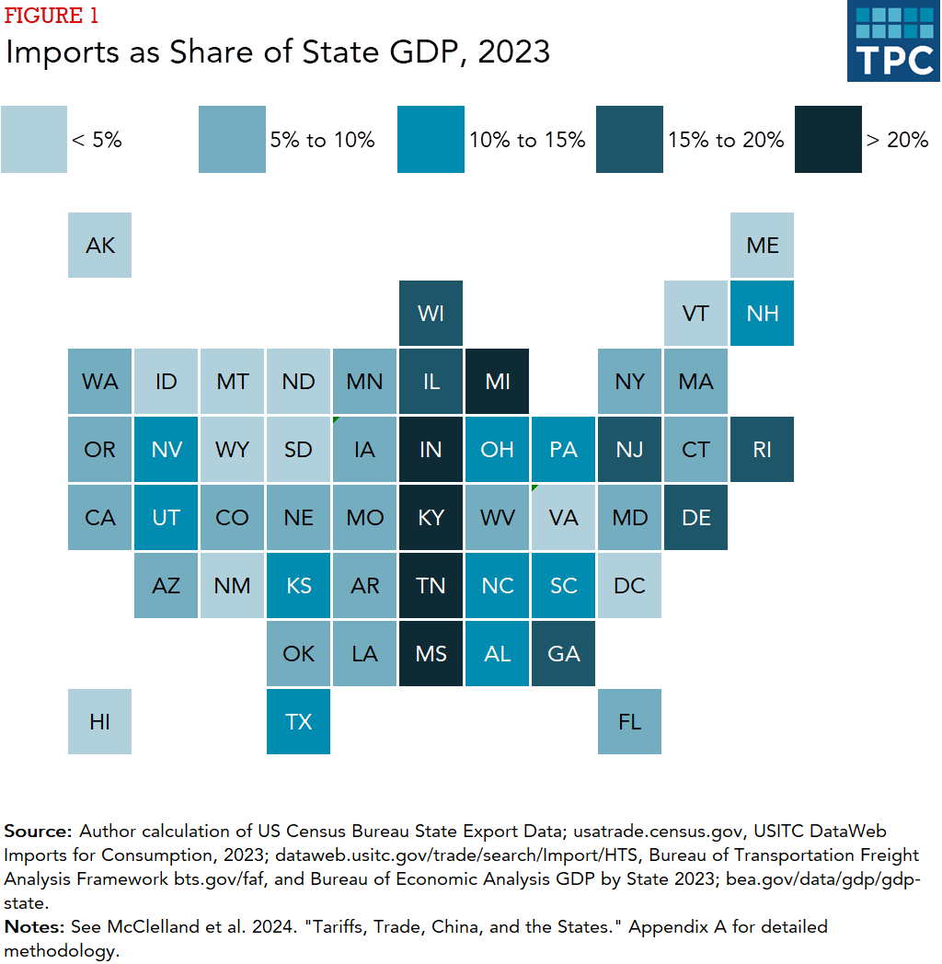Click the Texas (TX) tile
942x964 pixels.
(x=298, y=721)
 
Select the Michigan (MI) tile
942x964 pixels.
(x=497, y=381)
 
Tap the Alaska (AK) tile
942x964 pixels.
(x=100, y=245)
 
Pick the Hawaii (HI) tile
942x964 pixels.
(x=100, y=721)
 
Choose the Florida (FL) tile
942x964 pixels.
(x=629, y=721)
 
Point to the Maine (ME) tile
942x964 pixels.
(x=763, y=245)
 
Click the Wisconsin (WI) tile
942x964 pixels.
(x=431, y=313)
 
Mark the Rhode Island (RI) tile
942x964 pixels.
(x=763, y=449)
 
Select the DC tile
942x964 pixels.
(x=629, y=585)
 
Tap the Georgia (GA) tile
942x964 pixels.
(x=563, y=653)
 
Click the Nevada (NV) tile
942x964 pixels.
(x=167, y=449)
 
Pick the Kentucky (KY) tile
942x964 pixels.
(x=431, y=517)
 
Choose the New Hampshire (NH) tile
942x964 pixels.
(x=763, y=313)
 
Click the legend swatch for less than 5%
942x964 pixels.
(x=34, y=139)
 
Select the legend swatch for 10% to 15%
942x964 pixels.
(x=431, y=139)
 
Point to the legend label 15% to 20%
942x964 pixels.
(x=726, y=140)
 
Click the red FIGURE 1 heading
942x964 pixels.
(x=52, y=16)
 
